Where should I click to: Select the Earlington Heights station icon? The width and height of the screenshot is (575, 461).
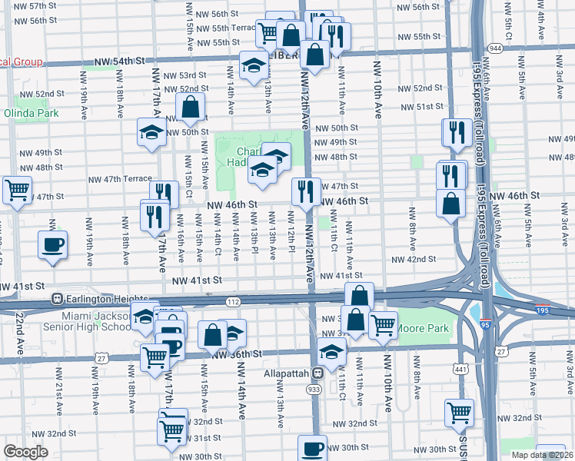(56, 298)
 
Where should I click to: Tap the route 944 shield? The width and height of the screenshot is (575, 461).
(495, 48)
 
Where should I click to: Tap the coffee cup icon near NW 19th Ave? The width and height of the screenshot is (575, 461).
(52, 245)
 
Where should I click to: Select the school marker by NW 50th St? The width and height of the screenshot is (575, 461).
(152, 131)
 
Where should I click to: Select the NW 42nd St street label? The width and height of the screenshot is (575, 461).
(414, 260)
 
